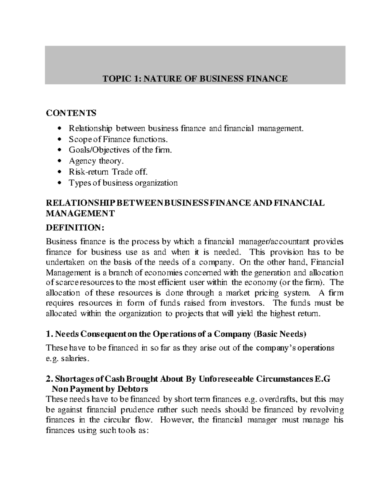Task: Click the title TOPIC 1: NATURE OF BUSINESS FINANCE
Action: [x=195, y=79]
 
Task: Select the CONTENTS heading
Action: [x=71, y=113]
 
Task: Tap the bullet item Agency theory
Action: [x=96, y=161]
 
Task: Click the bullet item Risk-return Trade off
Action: [x=106, y=172]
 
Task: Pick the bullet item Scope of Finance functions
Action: [x=119, y=139]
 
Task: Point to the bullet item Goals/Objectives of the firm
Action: [x=120, y=150]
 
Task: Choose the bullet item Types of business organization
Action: [x=123, y=183]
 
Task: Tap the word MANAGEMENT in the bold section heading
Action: [x=80, y=214]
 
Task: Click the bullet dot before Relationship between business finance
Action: [x=59, y=129]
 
